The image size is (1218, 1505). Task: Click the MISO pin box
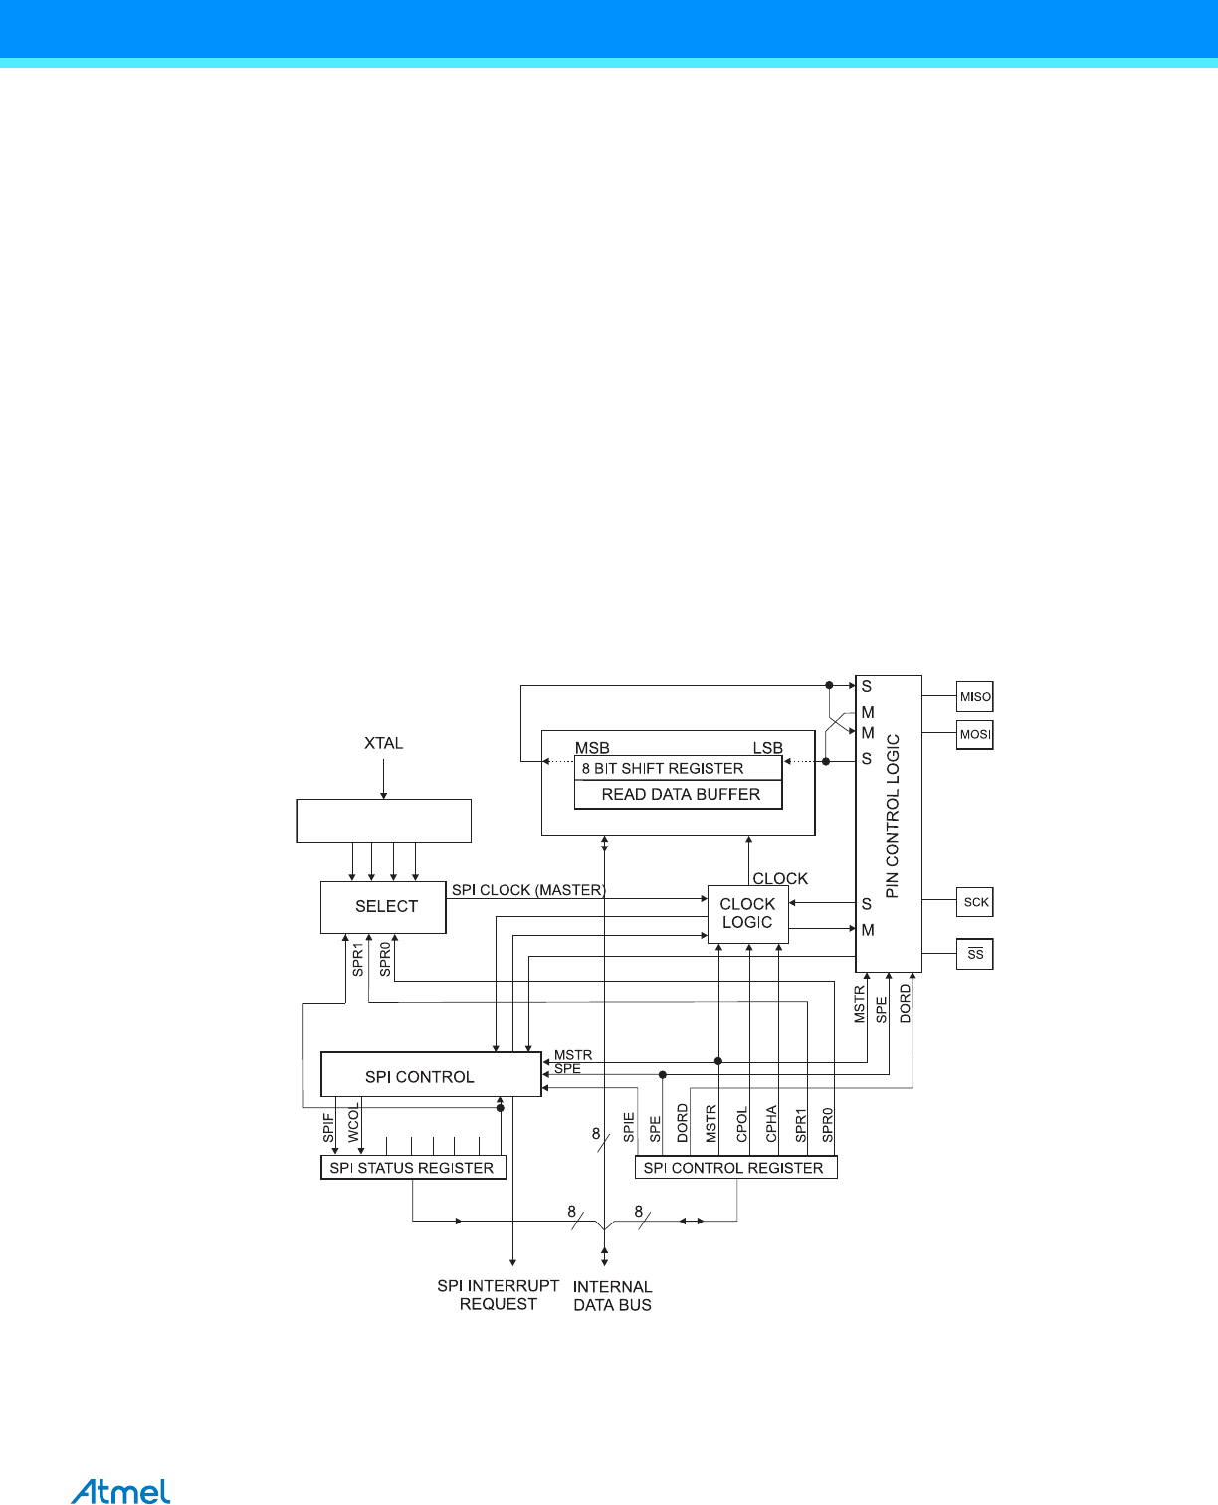pyautogui.click(x=974, y=697)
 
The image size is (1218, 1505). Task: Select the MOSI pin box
pyautogui.click(x=974, y=735)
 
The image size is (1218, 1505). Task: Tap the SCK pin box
pyautogui.click(x=975, y=902)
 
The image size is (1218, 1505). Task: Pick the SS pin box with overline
pyautogui.click(x=975, y=954)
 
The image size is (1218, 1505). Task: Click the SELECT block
pyautogui.click(x=384, y=907)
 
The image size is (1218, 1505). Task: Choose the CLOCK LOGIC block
pyautogui.click(x=747, y=913)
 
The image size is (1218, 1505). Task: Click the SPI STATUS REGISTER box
pyautogui.click(x=413, y=1168)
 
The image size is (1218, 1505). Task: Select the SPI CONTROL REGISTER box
pyautogui.click(x=735, y=1168)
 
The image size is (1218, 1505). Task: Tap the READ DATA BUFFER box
pyautogui.click(x=679, y=795)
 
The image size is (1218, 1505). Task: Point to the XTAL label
pyautogui.click(x=383, y=743)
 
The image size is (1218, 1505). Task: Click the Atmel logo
pyautogui.click(x=120, y=1491)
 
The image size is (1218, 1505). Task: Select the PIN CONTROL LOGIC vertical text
pyautogui.click(x=892, y=816)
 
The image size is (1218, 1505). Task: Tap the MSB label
pyautogui.click(x=592, y=748)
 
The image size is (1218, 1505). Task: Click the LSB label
pyautogui.click(x=767, y=748)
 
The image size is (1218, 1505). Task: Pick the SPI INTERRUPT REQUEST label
pyautogui.click(x=498, y=1295)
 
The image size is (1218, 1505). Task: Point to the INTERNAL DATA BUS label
pyautogui.click(x=612, y=1296)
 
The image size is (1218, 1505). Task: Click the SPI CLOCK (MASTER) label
pyautogui.click(x=528, y=890)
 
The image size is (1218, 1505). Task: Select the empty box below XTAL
pyautogui.click(x=383, y=821)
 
